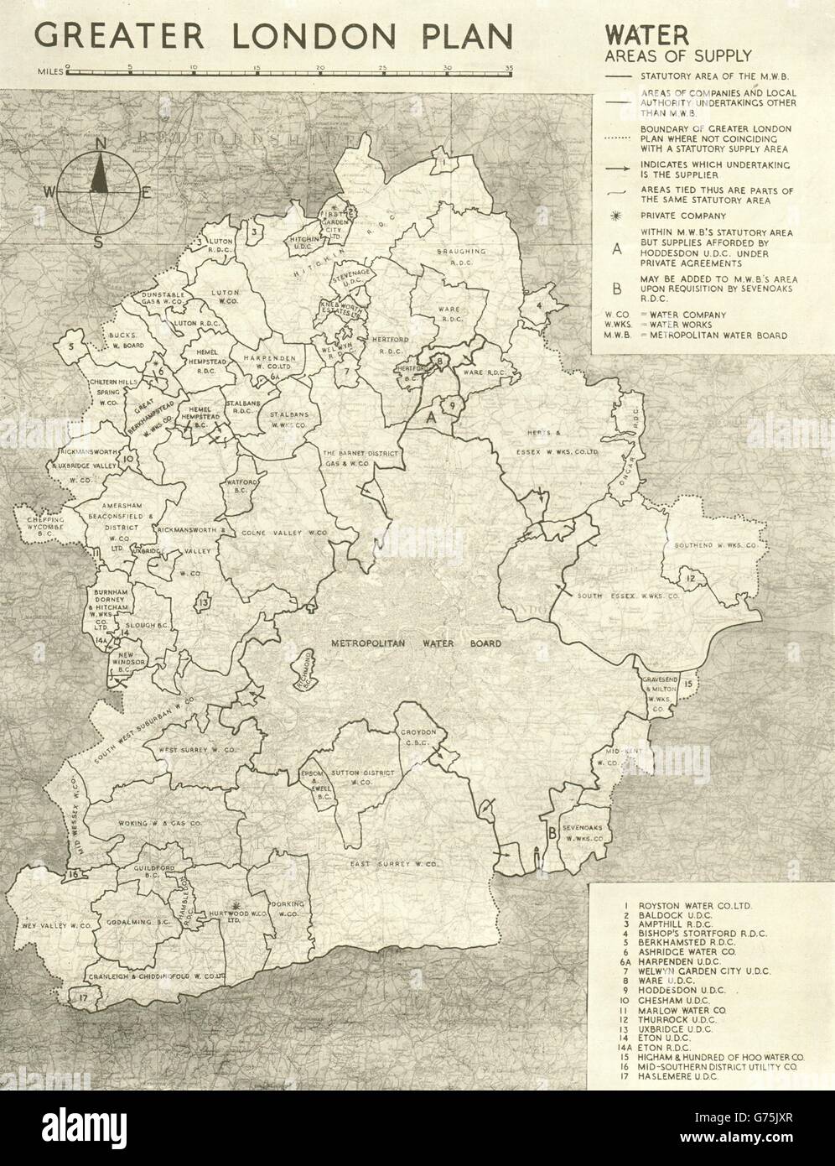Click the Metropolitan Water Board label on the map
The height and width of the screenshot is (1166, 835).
(405, 643)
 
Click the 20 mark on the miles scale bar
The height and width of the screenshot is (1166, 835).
(319, 66)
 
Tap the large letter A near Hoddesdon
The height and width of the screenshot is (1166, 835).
(431, 416)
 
